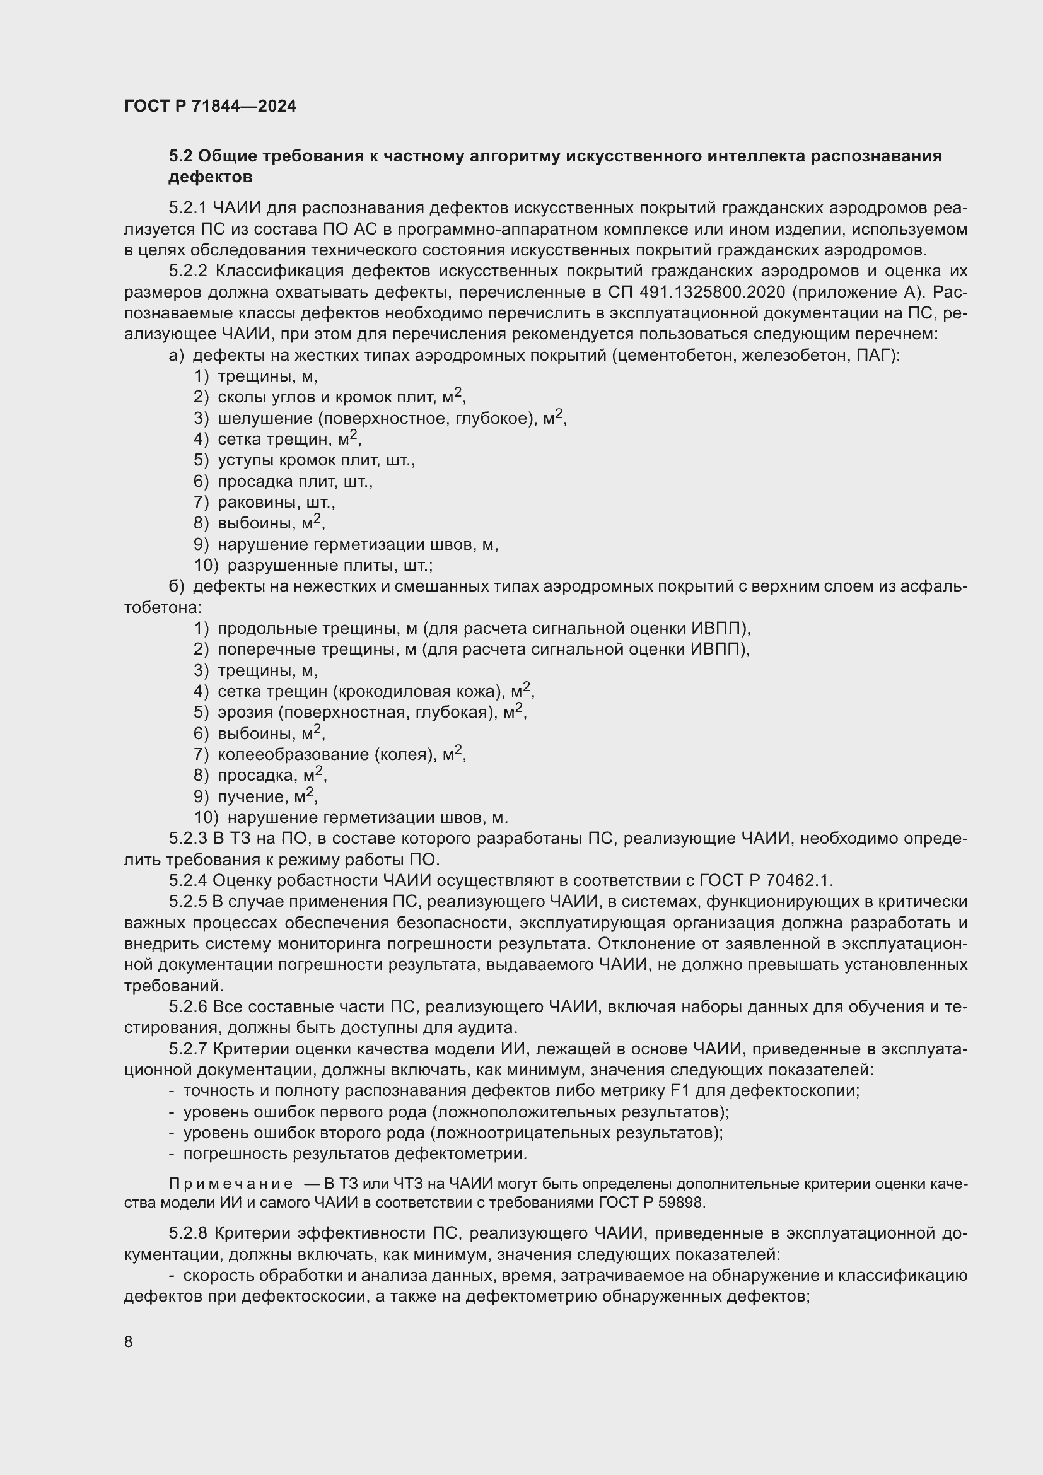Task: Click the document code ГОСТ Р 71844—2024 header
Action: click(210, 107)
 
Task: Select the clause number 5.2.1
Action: click(187, 208)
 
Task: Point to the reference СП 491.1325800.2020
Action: click(696, 293)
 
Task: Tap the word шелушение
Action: click(264, 418)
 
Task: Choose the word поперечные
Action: click(267, 649)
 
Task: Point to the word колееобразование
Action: click(293, 754)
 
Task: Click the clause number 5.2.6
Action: click(187, 1006)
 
